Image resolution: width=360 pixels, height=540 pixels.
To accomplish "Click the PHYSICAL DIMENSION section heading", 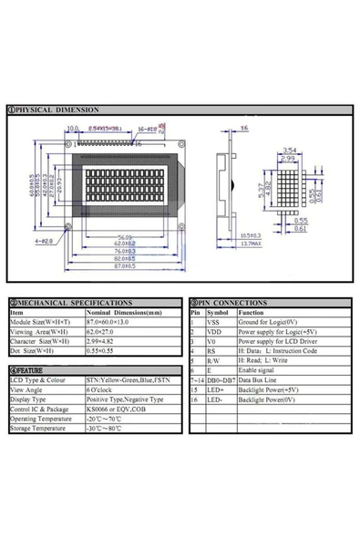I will [x=57, y=109].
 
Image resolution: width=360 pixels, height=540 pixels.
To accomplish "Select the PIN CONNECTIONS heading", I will [x=231, y=302].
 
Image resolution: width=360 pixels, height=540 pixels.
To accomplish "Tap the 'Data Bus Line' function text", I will [x=259, y=379].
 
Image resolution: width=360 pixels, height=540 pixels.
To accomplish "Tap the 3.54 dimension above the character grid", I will [x=290, y=150].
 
